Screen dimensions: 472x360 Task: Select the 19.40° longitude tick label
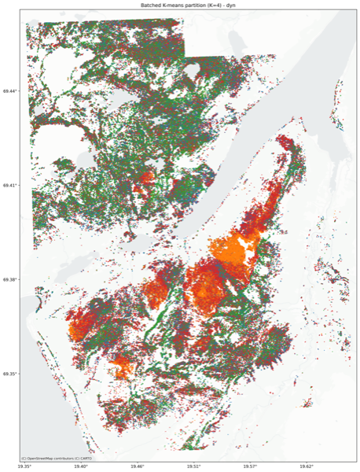[x=81, y=467]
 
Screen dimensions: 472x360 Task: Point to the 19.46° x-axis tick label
[x=138, y=467]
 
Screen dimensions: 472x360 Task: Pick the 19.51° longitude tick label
[x=193, y=467]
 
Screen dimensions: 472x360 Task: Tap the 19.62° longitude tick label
[x=306, y=467]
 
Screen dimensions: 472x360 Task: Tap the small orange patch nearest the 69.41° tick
[x=141, y=189]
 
